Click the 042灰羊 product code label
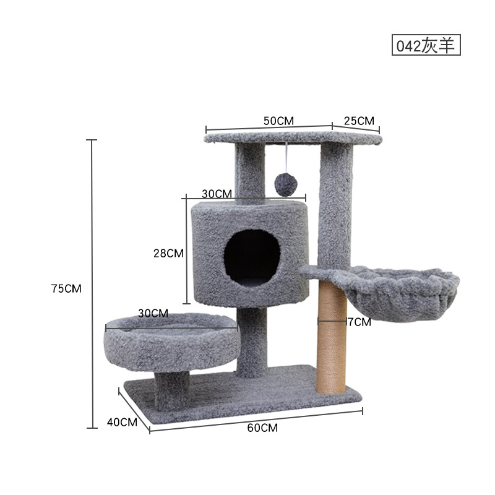(426, 45)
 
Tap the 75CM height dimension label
(66, 288)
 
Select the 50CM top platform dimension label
(278, 121)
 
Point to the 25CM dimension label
(359, 121)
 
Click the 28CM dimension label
(168, 253)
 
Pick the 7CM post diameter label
(359, 322)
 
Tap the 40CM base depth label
(122, 422)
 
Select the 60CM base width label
(262, 428)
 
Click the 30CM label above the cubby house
(217, 194)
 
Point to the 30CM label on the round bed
(153, 313)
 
